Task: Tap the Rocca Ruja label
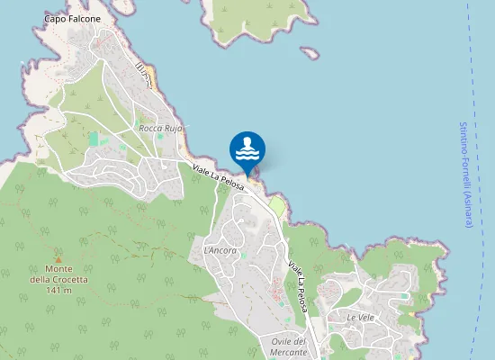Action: (161, 129)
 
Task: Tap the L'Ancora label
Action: (220, 250)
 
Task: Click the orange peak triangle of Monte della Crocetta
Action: (58, 257)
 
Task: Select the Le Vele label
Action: (360, 317)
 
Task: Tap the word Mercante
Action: (289, 352)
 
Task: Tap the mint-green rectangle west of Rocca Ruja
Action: (94, 139)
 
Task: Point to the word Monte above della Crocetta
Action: (58, 268)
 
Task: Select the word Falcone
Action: (83, 18)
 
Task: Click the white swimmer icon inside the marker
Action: (247, 144)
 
